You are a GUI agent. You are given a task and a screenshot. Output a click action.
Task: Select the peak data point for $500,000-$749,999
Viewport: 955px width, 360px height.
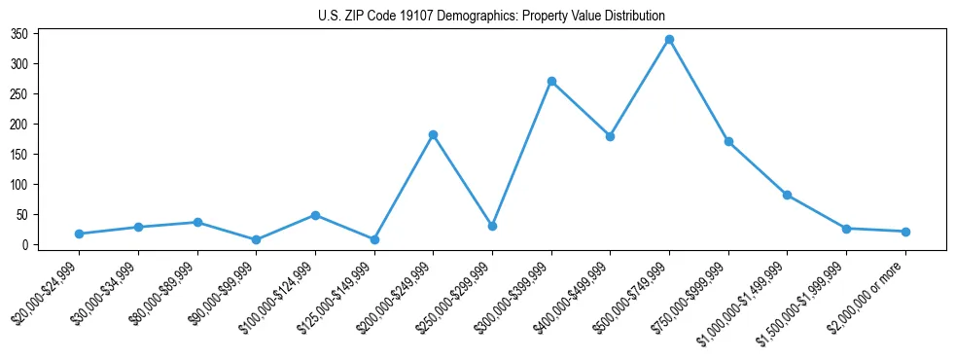[669, 40]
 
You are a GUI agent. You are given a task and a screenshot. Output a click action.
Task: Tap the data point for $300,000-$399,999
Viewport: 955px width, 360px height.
[551, 81]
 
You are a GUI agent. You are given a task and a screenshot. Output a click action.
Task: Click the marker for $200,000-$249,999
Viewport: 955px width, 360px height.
[433, 134]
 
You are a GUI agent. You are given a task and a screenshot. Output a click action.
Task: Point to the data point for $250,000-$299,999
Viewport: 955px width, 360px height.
[492, 226]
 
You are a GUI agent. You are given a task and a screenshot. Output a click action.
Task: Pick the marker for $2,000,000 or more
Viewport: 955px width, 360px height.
[905, 232]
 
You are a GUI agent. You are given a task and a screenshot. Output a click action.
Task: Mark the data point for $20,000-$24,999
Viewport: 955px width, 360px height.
[79, 234]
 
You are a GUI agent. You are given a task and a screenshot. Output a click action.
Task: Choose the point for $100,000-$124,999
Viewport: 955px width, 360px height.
[315, 215]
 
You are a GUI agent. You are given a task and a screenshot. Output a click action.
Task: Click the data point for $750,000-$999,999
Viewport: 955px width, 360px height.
[728, 142]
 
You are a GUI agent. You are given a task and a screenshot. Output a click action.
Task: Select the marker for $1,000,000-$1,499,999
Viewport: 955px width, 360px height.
[787, 195]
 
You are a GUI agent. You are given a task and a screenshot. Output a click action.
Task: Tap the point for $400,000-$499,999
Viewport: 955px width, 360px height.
[610, 136]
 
